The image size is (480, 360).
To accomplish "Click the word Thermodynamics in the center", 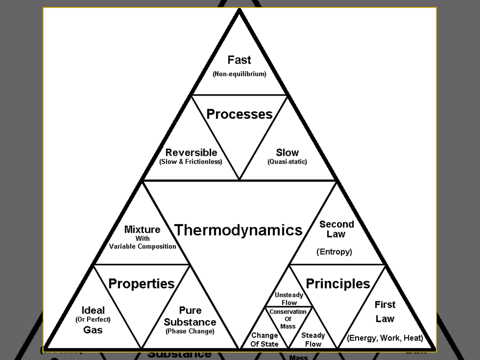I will coord(238,230).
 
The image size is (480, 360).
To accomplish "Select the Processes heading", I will coord(239,114).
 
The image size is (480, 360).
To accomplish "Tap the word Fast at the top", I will coord(239,60).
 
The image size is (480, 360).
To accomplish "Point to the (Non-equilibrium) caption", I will coord(239,74).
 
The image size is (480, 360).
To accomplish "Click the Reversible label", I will coord(191,152).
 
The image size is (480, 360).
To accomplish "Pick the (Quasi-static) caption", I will coord(287,162).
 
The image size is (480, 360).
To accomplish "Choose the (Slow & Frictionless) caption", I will coord(191,162).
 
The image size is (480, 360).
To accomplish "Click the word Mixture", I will coord(142,229).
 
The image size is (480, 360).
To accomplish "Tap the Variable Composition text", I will coord(142,247).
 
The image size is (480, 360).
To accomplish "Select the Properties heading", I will coord(141,283).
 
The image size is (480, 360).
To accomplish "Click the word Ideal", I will coord(93,310).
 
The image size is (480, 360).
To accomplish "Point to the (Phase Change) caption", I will coord(190,331).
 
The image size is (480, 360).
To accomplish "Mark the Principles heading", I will coord(337,283).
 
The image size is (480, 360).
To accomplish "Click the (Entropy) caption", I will coord(334,252).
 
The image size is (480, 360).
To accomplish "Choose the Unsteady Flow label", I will coord(289,299).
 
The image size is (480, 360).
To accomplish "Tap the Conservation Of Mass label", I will coord(288,319).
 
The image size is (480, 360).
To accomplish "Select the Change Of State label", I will coord(264,339).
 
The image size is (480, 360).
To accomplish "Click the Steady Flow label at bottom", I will coord(313,339).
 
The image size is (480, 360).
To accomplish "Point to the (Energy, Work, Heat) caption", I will coord(385,338).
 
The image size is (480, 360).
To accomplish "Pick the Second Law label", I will coord(336,229).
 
